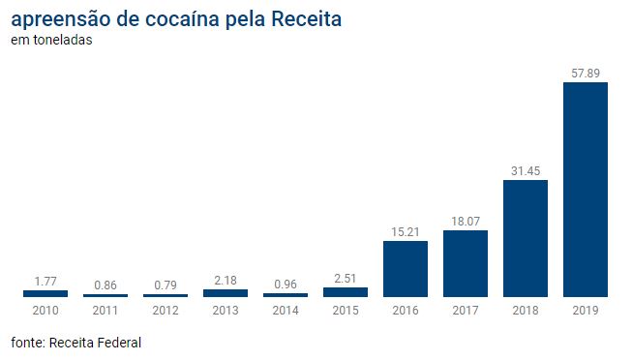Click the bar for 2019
(586, 190)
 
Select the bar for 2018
(526, 238)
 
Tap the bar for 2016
(406, 269)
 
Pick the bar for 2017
(466, 263)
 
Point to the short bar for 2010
(45, 294)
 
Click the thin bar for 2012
(166, 295)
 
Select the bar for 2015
(346, 292)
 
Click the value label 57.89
(586, 73)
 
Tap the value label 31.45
(526, 171)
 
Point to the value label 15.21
(406, 232)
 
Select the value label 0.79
(166, 285)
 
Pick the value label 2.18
(226, 281)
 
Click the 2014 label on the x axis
(286, 311)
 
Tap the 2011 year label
(105, 311)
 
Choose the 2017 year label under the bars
(466, 311)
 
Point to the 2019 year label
(586, 311)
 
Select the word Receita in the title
(307, 19)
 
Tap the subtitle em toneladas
(51, 40)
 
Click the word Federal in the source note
(119, 343)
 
